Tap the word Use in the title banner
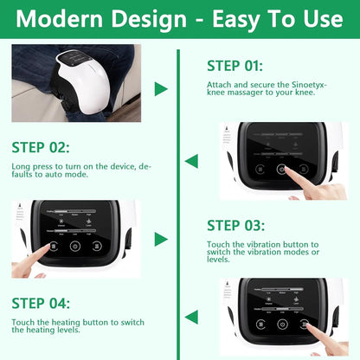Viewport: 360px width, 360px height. coord(319,18)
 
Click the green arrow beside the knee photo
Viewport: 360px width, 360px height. coord(161,89)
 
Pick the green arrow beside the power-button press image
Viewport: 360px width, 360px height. coord(191,161)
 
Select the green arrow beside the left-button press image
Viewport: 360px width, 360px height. coord(161,239)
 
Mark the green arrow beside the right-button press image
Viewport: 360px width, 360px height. coord(191,317)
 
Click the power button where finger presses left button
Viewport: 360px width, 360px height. coord(74,246)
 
